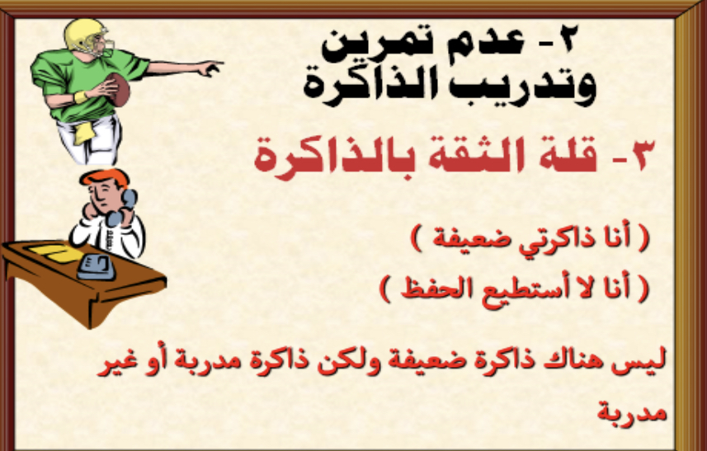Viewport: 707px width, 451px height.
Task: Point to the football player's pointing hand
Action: click(x=209, y=68)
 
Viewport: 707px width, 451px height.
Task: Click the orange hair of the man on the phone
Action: click(x=105, y=177)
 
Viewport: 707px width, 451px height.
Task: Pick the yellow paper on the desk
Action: click(x=54, y=252)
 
